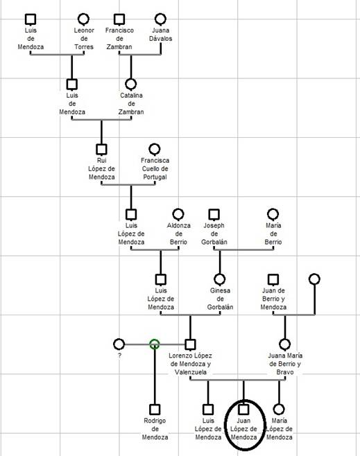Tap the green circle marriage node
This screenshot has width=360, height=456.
155,344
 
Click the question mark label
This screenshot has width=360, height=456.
119,356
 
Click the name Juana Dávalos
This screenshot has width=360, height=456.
161,35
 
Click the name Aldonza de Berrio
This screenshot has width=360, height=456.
179,234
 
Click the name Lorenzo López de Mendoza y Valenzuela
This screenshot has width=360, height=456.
190,364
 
